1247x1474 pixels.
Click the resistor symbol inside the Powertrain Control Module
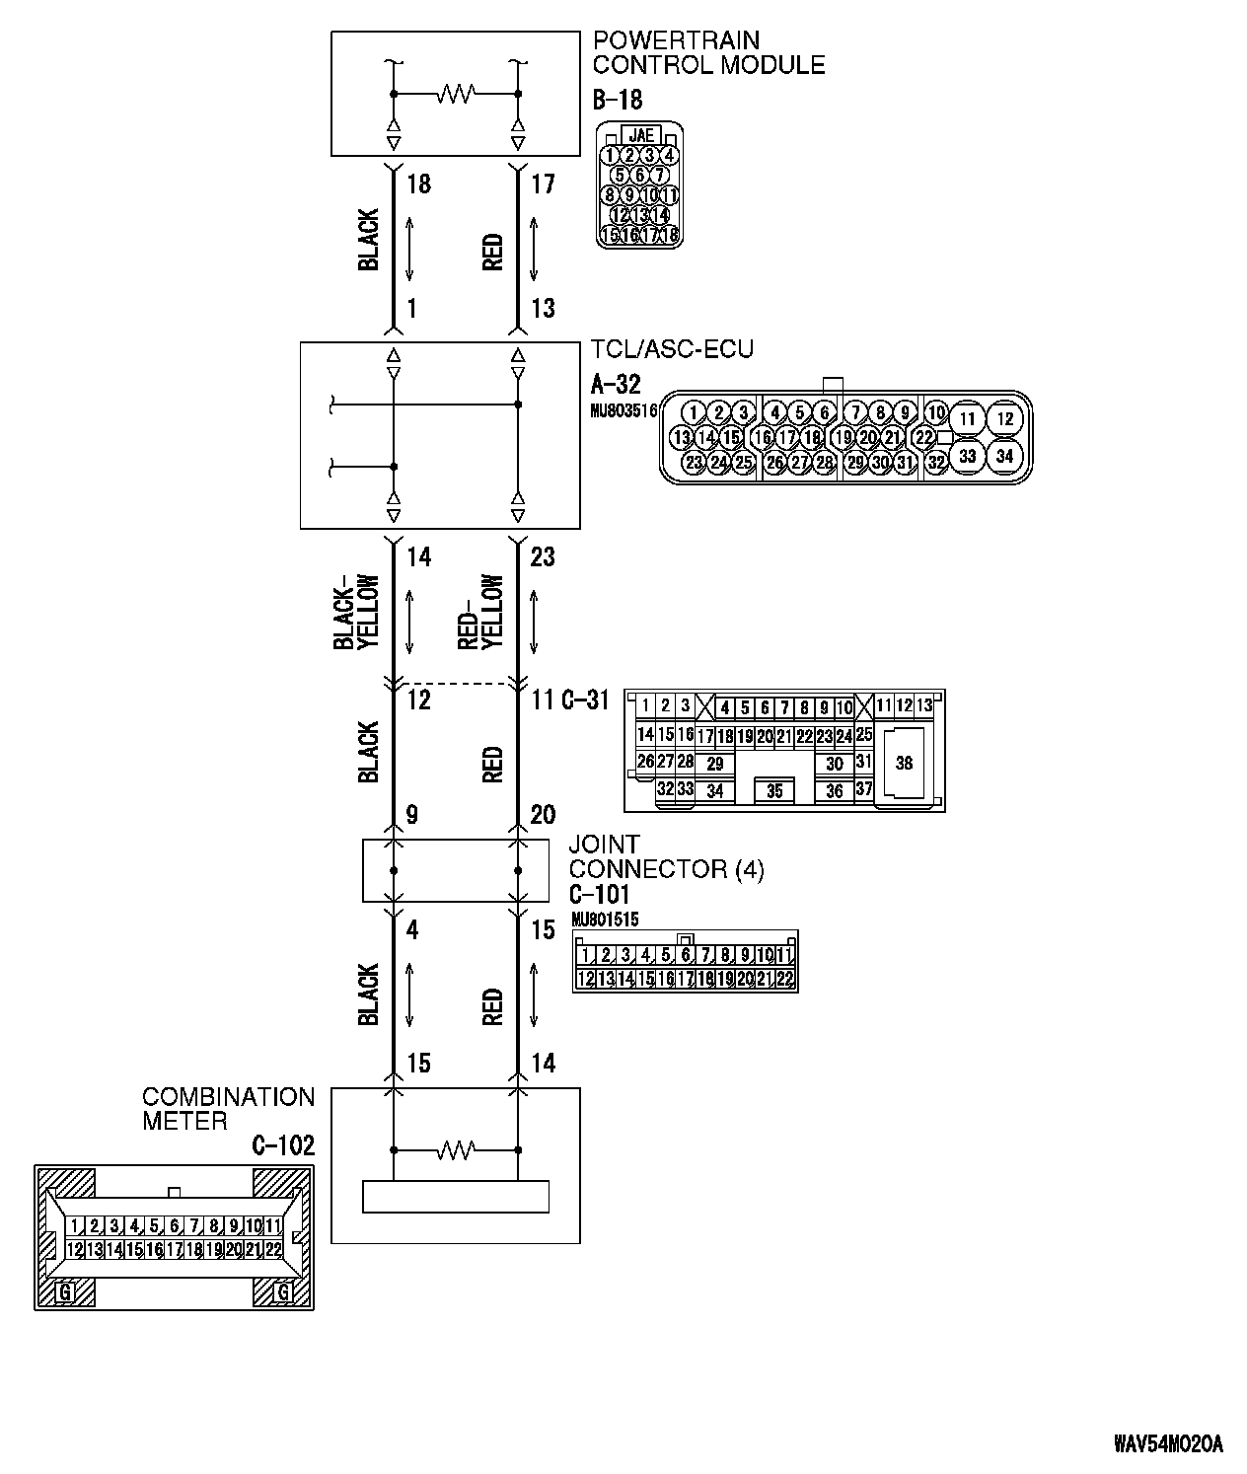[x=456, y=94]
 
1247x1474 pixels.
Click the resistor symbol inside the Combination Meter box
[x=456, y=1149]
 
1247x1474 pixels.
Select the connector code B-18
[x=618, y=100]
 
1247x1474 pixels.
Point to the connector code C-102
[x=283, y=1145]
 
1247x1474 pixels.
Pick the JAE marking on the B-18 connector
[x=640, y=136]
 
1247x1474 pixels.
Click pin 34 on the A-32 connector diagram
[x=1004, y=456]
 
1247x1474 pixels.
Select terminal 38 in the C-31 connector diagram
[x=904, y=763]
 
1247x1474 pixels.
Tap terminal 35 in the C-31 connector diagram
[x=774, y=791]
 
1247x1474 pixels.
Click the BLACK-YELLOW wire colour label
[x=356, y=612]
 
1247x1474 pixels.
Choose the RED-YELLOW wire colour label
[x=481, y=612]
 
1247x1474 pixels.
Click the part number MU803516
[x=623, y=412]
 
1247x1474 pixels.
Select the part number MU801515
[x=605, y=920]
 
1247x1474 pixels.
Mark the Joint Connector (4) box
[x=456, y=870]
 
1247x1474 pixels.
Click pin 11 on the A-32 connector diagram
[x=968, y=419]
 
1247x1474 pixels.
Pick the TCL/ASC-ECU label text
[x=673, y=350]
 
